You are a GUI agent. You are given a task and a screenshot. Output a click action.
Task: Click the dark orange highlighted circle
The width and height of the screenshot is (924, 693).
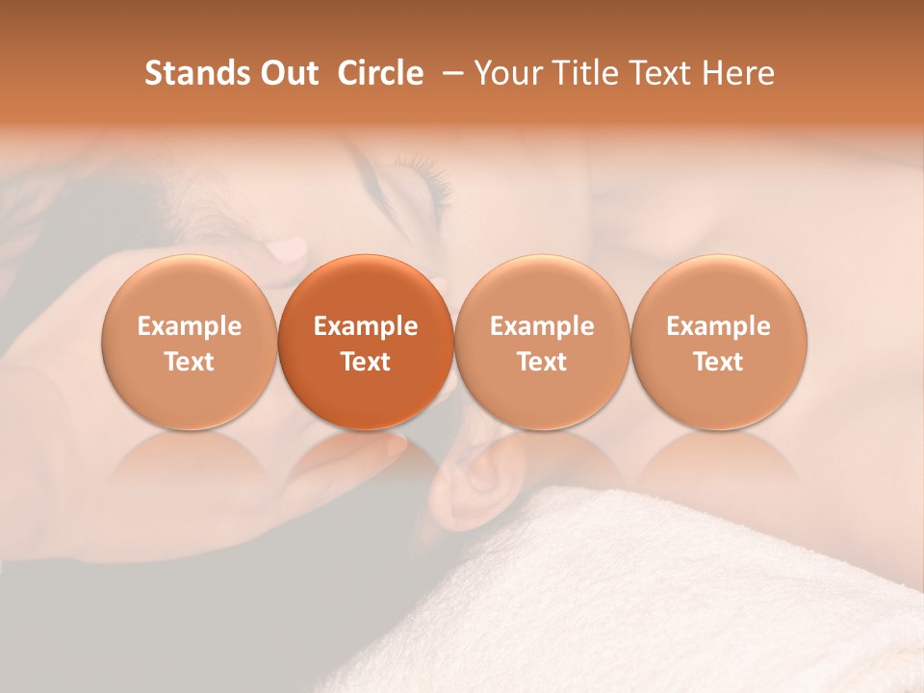pyautogui.click(x=366, y=342)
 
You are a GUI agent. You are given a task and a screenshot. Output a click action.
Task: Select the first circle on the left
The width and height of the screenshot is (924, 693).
pyautogui.click(x=189, y=342)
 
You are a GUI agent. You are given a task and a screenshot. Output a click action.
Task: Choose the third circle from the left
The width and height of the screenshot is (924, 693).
pyautogui.click(x=542, y=342)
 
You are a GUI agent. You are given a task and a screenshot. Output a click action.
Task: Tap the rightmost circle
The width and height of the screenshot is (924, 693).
pyautogui.click(x=718, y=342)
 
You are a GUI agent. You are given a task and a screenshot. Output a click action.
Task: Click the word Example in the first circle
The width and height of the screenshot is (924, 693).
pyautogui.click(x=189, y=326)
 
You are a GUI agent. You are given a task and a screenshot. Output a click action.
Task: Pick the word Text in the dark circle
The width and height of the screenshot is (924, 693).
pyautogui.click(x=366, y=362)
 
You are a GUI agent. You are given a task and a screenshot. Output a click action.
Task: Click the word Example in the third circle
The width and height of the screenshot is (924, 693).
pyautogui.click(x=542, y=326)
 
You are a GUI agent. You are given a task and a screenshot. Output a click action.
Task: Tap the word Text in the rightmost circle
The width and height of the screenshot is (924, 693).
pyautogui.click(x=718, y=362)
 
